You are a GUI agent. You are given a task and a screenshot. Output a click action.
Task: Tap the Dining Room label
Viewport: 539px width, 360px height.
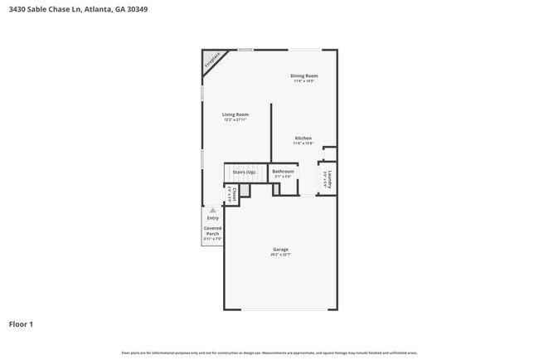pyautogui.click(x=304, y=75)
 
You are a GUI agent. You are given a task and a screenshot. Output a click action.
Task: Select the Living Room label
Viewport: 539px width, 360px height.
pyautogui.click(x=235, y=114)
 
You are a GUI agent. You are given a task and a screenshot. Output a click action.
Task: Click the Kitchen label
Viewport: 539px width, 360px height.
pyautogui.click(x=303, y=138)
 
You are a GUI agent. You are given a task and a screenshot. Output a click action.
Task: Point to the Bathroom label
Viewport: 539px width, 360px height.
pyautogui.click(x=283, y=172)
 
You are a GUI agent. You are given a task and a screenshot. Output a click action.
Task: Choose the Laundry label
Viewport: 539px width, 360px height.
pyautogui.click(x=330, y=180)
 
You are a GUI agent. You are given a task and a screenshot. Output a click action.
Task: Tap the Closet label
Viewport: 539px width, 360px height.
pyautogui.click(x=235, y=194)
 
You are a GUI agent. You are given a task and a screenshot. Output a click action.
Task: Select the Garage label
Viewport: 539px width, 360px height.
pyautogui.click(x=280, y=250)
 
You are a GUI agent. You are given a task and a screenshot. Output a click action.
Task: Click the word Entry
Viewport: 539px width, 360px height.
pyautogui.click(x=212, y=218)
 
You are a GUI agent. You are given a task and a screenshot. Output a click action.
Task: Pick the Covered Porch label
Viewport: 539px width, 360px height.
pyautogui.click(x=212, y=231)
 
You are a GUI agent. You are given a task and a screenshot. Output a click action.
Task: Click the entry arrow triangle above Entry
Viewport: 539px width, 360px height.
pyautogui.click(x=212, y=211)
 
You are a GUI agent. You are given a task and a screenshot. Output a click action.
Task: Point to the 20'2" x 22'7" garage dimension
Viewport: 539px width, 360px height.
pyautogui.click(x=280, y=255)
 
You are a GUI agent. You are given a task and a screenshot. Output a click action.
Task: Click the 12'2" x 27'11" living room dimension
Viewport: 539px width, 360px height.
pyautogui.click(x=235, y=120)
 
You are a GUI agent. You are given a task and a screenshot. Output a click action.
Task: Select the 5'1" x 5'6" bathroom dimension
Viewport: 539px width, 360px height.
pyautogui.click(x=283, y=177)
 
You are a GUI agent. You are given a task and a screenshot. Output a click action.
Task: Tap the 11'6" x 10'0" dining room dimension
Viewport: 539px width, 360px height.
pyautogui.click(x=304, y=81)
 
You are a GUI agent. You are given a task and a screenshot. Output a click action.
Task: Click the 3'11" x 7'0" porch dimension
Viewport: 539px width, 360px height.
pyautogui.click(x=212, y=239)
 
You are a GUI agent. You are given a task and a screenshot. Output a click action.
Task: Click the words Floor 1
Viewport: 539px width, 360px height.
pyautogui.click(x=21, y=324)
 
